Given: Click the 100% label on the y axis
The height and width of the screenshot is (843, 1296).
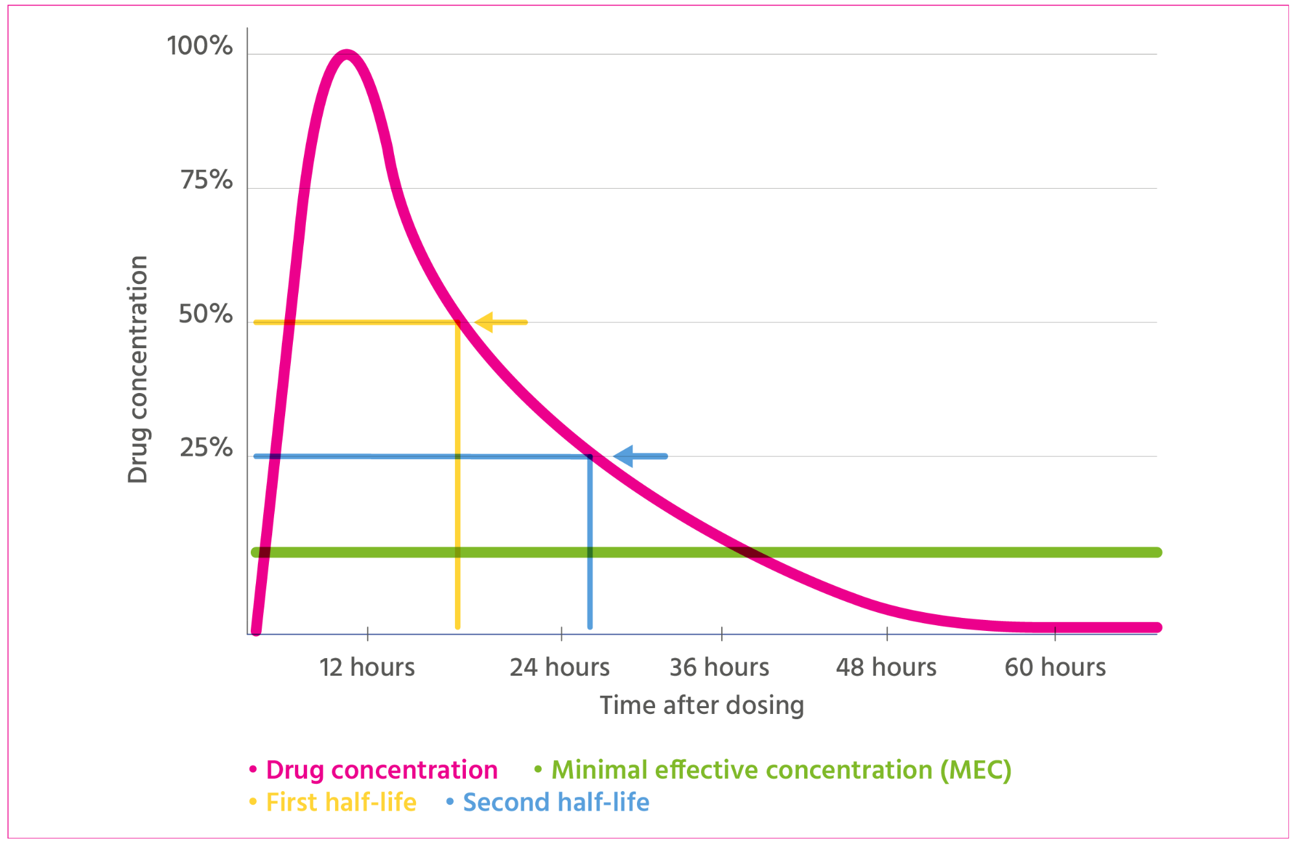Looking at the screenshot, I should (x=200, y=46).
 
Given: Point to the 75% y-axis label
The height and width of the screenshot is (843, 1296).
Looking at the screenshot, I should (x=206, y=180).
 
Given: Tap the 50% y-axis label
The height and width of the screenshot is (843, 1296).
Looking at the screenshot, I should (x=205, y=314).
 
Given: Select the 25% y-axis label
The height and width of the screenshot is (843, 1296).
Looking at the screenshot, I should (x=206, y=448).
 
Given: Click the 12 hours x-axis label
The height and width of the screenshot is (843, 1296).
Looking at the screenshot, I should (x=367, y=667).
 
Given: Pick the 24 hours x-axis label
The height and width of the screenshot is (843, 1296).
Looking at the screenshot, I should (x=560, y=667).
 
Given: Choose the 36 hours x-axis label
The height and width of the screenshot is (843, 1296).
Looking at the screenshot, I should (x=719, y=667).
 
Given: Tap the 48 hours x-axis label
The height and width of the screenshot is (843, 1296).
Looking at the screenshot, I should (x=886, y=667).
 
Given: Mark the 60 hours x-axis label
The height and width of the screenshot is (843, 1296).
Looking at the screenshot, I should (x=1055, y=667).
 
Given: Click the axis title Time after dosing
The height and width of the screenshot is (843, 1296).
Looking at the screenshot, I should (x=702, y=705).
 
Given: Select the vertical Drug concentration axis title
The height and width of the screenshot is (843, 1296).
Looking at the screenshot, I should (x=138, y=370).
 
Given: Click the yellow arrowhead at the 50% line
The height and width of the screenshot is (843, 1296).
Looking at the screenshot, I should (x=484, y=322).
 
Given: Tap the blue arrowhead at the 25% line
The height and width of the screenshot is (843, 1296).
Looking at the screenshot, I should (x=623, y=457).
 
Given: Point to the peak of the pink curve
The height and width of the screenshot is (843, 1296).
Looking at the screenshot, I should (x=347, y=54).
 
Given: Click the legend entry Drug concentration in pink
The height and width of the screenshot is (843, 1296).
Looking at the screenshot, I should (x=382, y=770).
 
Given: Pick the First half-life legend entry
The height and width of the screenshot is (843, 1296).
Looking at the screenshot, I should (x=341, y=802).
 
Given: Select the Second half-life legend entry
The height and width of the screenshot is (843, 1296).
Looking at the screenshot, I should (x=556, y=802).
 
